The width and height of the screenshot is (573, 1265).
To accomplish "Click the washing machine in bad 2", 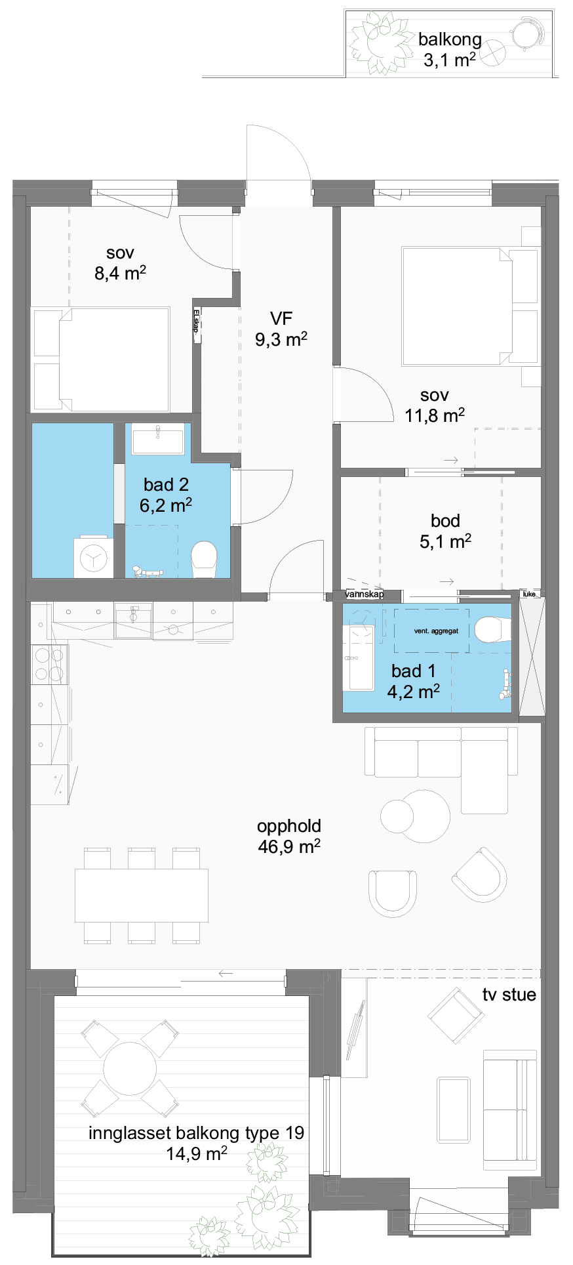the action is tap(93, 558).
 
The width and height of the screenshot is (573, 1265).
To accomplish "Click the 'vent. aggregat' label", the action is tap(436, 631).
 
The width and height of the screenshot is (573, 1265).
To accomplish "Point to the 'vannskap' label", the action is tap(365, 594).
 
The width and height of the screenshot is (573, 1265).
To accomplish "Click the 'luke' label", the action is tap(529, 594).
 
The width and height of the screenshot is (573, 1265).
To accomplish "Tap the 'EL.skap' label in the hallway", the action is tap(196, 321).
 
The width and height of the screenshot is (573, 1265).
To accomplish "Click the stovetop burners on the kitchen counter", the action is tap(50, 665).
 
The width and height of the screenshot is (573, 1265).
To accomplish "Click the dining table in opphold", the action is tap(142, 895).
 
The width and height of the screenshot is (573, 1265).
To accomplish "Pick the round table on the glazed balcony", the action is tap(130, 1068).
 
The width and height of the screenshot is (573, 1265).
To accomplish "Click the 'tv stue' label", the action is tap(509, 995).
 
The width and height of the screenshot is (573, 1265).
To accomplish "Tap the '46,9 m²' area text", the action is tap(289, 846).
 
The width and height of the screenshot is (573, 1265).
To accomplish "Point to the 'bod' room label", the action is tap(445, 521).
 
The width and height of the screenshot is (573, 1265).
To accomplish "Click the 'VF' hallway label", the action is tap(281, 319).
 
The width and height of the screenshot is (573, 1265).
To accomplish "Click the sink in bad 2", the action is tap(158, 439).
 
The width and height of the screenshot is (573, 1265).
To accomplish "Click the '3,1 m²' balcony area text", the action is tap(450, 60).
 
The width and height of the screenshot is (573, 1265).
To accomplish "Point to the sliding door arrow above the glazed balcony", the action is tap(226, 974).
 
